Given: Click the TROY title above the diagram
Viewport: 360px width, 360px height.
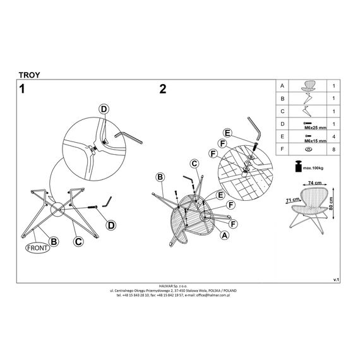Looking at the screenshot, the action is (30, 75).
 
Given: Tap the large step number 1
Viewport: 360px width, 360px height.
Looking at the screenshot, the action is (22, 89).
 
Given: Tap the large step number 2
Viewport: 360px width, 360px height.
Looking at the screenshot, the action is (163, 89).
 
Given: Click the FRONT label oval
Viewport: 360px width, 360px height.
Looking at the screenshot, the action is (37, 248).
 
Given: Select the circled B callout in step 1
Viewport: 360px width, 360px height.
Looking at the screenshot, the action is (54, 241).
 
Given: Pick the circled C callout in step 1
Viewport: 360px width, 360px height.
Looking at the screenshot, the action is (78, 241).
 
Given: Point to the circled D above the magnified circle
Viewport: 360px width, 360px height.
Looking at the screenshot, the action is (104, 109).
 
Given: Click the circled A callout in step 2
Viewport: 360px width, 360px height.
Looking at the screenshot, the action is (225, 235).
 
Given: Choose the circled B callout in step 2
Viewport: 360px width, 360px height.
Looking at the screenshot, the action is (160, 177).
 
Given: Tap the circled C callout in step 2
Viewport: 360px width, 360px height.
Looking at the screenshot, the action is (195, 164).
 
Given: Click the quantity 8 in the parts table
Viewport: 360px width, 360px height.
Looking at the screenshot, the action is (333, 150).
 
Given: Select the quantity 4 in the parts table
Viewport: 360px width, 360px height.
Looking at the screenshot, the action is (333, 136).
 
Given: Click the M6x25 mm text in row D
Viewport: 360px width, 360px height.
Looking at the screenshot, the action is (315, 128).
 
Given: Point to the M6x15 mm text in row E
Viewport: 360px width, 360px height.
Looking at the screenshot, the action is (315, 141).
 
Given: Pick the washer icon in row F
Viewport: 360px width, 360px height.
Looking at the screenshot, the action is (309, 149).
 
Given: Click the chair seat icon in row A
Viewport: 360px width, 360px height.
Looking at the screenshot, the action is (308, 86).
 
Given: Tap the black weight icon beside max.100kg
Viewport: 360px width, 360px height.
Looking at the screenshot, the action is (298, 165).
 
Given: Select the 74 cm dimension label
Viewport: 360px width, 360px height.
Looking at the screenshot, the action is (315, 183).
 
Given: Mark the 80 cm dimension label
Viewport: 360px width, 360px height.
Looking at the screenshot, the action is (330, 203).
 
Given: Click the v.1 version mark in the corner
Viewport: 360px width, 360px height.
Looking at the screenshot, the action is (336, 280).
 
